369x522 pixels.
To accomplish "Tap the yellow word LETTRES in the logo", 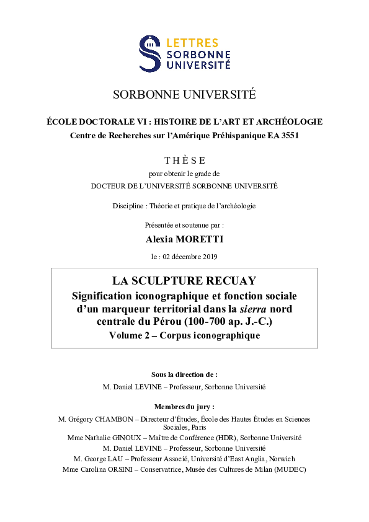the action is [x=192, y=43].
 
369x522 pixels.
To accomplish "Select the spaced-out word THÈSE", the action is [x=184, y=160].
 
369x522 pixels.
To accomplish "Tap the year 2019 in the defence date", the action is [x=208, y=256].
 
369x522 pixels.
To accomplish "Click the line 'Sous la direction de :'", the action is [x=184, y=374].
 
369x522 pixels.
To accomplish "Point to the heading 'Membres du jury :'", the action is [x=184, y=407].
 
